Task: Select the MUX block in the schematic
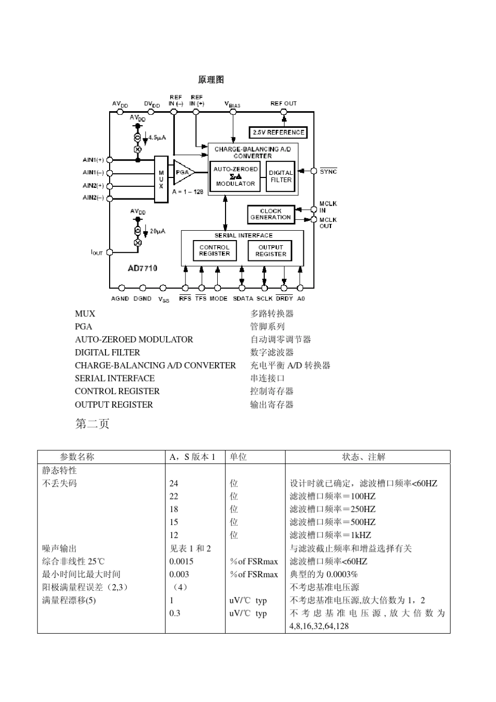(x=161, y=179)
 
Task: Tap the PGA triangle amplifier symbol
(x=183, y=172)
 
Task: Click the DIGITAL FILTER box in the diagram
(x=281, y=176)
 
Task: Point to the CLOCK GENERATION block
(x=270, y=214)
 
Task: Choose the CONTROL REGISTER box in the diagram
(x=215, y=251)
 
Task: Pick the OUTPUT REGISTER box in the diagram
(x=270, y=251)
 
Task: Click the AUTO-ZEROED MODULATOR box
(x=235, y=176)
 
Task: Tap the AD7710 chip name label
(x=143, y=268)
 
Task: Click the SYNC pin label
(x=328, y=171)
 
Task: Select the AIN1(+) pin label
(x=93, y=160)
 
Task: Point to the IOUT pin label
(x=97, y=253)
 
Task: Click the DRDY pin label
(x=285, y=299)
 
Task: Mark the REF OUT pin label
(x=284, y=103)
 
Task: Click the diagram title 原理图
(x=211, y=79)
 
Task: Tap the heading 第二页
(x=92, y=424)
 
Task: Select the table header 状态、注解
(x=364, y=457)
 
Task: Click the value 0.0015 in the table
(x=181, y=561)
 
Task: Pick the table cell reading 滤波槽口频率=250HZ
(x=333, y=509)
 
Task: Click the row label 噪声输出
(x=60, y=548)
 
